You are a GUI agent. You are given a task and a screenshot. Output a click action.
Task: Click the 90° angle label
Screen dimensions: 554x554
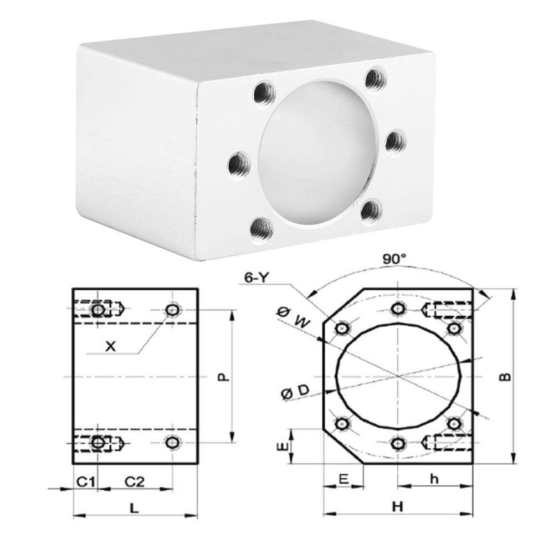pyautogui.click(x=394, y=258)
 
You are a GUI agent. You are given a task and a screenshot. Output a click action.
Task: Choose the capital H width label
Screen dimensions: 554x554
pyautogui.click(x=397, y=506)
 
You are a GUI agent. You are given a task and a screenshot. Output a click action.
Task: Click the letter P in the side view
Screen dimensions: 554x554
pyautogui.click(x=221, y=377)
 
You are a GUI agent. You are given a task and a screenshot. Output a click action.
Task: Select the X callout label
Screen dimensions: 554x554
pyautogui.click(x=111, y=346)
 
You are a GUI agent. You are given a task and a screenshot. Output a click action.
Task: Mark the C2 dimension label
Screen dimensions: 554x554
pyautogui.click(x=134, y=481)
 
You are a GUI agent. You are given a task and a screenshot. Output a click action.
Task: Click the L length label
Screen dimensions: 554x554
pyautogui.click(x=135, y=507)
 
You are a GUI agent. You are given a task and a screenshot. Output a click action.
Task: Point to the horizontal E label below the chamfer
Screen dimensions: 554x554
pyautogui.click(x=343, y=480)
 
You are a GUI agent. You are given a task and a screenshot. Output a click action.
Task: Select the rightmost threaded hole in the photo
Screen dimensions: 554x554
pyautogui.click(x=396, y=142)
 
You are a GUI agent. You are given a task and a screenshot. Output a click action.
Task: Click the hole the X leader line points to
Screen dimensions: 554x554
pyautogui.click(x=173, y=310)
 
